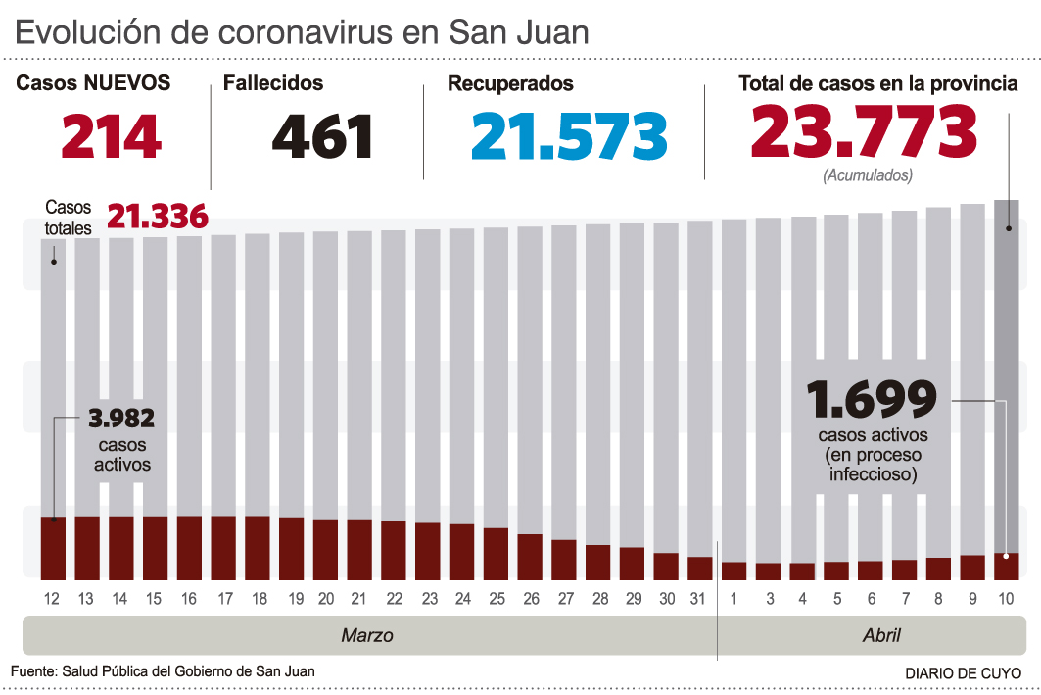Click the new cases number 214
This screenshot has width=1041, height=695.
112,136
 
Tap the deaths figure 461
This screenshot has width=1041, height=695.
323,136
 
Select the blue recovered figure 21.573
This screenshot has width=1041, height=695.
569,136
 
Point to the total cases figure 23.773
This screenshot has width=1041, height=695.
865,132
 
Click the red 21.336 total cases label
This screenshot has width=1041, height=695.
158,217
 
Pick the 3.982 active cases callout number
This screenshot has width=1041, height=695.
121,419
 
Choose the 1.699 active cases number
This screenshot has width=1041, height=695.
872,399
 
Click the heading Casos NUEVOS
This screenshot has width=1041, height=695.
93,83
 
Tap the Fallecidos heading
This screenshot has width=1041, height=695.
273,84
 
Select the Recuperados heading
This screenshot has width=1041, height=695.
510,84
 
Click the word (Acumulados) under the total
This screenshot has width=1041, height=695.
868,176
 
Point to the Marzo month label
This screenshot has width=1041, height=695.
367,635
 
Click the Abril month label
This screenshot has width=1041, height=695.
881,635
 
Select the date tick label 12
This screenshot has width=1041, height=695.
53,599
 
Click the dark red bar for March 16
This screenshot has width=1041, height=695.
189,547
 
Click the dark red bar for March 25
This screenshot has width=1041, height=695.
496,554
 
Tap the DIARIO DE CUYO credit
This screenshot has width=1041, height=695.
963,673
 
